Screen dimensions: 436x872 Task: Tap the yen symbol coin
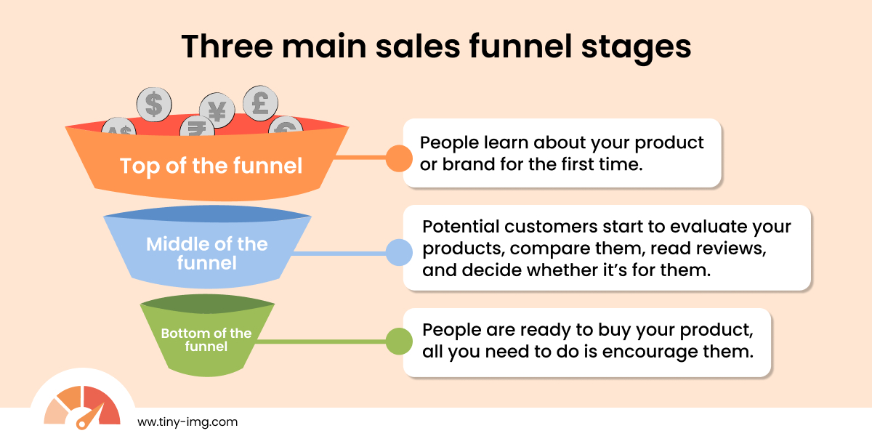pyautogui.click(x=217, y=110)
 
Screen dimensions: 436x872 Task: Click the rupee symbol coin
pyautogui.click(x=195, y=126)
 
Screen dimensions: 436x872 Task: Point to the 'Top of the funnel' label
pyautogui.click(x=211, y=166)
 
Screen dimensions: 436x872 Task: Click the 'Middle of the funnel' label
pyautogui.click(x=207, y=252)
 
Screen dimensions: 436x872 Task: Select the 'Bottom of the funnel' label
pyautogui.click(x=206, y=339)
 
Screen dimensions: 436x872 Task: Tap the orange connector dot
pyautogui.click(x=398, y=158)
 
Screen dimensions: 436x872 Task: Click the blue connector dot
pyautogui.click(x=398, y=252)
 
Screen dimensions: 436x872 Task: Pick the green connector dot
pyautogui.click(x=398, y=340)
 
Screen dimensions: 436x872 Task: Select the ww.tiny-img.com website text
pyautogui.click(x=187, y=421)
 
